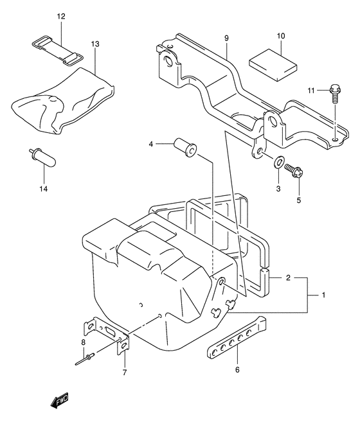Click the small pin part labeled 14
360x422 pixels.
(40, 157)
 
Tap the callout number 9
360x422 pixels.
(227, 39)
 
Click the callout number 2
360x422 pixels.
(289, 278)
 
